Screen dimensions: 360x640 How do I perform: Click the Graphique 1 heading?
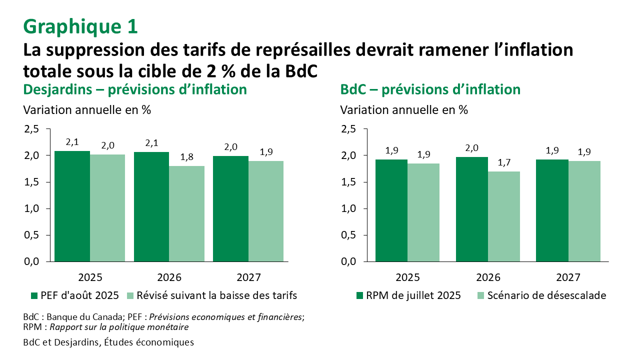(80, 26)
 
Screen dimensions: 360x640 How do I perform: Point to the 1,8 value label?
(187, 156)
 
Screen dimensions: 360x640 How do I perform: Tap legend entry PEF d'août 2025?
(75, 295)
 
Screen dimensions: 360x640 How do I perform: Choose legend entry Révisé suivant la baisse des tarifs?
(212, 295)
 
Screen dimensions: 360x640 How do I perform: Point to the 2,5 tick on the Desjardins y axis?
(31, 129)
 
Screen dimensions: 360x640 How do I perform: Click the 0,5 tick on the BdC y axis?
(348, 235)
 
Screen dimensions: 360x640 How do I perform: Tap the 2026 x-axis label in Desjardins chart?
(169, 278)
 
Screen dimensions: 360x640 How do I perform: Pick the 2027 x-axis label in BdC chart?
(568, 278)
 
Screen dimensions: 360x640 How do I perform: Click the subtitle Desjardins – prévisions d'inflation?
(135, 89)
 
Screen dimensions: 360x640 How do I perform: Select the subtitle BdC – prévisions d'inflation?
(430, 89)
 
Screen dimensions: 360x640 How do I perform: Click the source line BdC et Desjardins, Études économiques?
(108, 342)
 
